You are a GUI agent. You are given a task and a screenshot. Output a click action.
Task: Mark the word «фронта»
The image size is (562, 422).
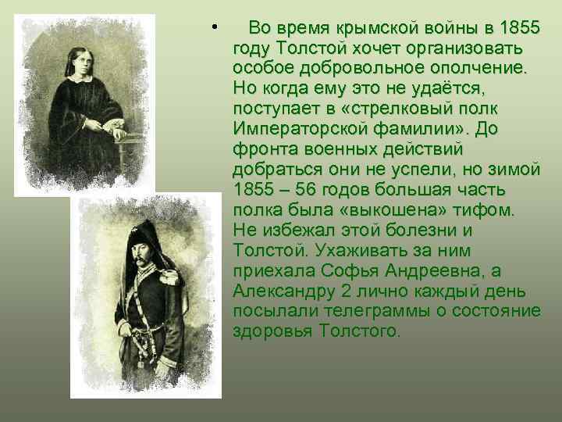click(x=260, y=149)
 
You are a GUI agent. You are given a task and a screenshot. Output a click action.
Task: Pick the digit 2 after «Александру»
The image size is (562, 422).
click(x=343, y=291)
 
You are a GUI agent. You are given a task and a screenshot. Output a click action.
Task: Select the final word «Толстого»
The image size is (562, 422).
click(x=360, y=331)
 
